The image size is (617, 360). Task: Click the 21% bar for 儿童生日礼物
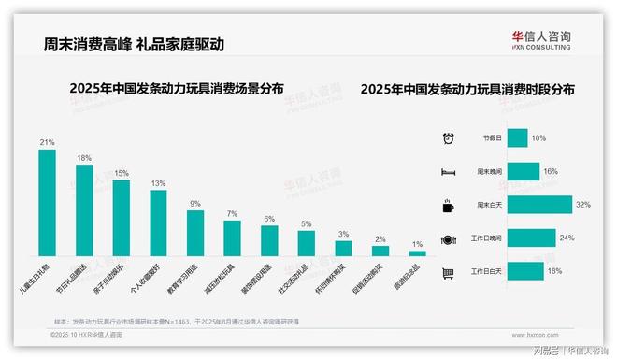tap(47, 202)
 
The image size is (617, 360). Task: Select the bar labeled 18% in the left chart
tap(84, 209)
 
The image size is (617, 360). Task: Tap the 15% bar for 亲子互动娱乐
tap(121, 217)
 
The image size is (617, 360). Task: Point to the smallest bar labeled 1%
tap(418, 252)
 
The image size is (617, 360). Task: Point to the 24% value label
tap(567, 238)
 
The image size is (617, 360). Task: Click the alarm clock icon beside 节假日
tap(448, 138)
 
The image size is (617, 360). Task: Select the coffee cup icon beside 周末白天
tap(448, 205)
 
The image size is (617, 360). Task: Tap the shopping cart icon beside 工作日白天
tap(448, 272)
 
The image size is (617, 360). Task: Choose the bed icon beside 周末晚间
tap(448, 172)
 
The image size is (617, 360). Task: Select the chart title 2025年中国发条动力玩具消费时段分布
tap(466, 90)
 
